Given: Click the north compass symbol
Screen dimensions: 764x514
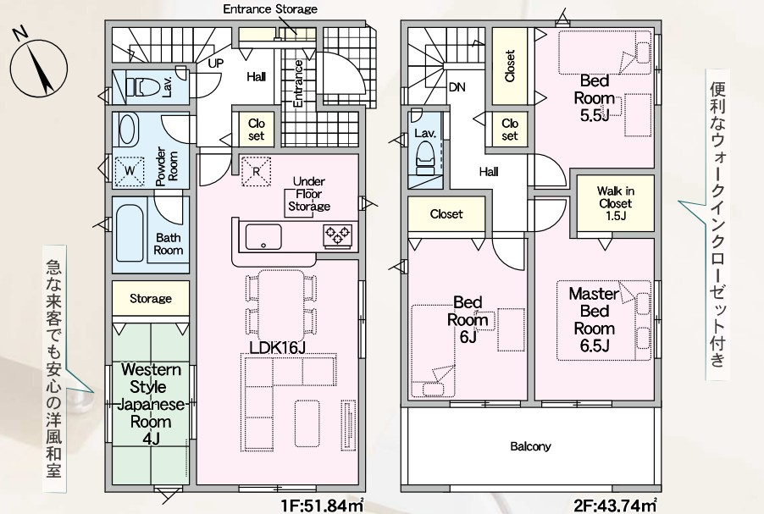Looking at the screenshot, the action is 38,66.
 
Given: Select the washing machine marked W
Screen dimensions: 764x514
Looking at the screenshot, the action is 130,170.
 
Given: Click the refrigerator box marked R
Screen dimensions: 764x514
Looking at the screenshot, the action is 257,171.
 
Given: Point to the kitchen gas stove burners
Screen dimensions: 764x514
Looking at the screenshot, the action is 338,235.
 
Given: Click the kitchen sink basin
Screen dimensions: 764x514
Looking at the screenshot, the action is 263,237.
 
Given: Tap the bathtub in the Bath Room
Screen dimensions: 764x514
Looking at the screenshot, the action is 130,234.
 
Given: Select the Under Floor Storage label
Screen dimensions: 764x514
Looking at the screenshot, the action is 309,194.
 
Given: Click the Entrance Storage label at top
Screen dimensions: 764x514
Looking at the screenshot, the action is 270,8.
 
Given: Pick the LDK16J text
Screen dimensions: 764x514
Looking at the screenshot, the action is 277,347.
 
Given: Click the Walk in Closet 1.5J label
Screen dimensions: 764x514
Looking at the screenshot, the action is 616,203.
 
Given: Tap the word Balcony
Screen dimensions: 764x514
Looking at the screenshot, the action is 530,445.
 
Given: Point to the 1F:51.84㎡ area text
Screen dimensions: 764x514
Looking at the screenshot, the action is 322,506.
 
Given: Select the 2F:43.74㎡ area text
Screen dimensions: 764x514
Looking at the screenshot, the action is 616,506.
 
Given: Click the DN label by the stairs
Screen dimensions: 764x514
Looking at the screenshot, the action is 457,87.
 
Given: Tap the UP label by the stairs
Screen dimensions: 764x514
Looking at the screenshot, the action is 216,64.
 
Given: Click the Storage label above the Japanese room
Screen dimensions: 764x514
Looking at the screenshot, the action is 151,298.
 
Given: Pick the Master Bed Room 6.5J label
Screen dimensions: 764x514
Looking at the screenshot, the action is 595,319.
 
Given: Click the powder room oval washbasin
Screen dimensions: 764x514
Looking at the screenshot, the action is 127,129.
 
